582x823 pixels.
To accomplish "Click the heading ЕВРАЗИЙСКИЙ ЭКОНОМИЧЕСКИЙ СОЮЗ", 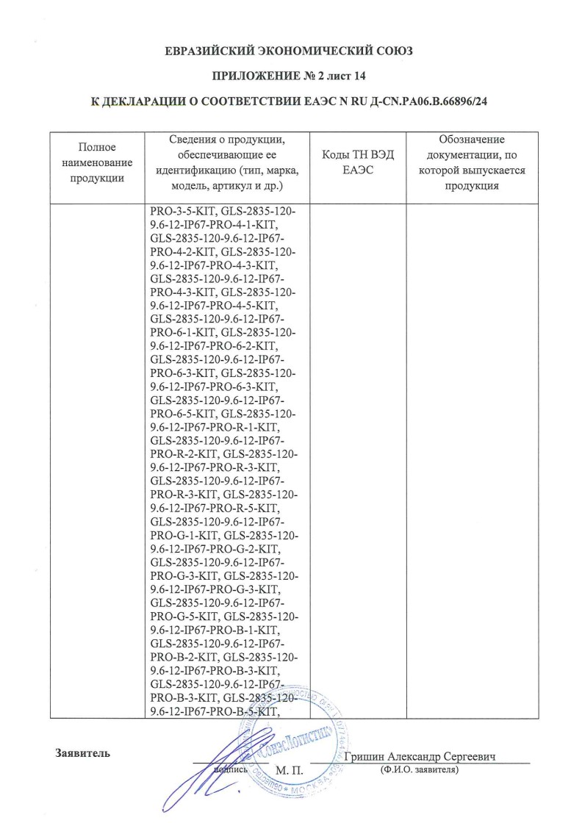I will point(290,51).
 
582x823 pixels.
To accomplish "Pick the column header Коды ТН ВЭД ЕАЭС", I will point(358,162).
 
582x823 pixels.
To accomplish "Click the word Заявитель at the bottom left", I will point(82,752).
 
